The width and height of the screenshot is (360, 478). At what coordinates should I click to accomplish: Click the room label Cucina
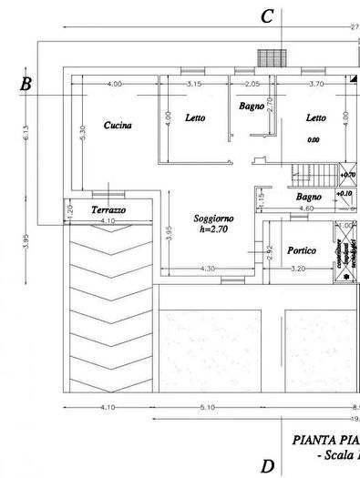coord(118,126)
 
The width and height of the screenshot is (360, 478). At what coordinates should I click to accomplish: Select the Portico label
coord(302,249)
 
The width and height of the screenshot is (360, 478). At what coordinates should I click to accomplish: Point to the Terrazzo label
coord(108,210)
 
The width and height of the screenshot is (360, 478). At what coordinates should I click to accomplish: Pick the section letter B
coord(26,86)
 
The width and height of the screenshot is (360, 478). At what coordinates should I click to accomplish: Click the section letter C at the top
coord(267,16)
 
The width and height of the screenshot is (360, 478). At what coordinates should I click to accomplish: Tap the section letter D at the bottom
coord(267,467)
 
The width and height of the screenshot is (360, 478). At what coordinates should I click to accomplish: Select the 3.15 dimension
coord(193,84)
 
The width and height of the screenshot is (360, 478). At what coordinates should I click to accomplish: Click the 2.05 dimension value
coord(252,84)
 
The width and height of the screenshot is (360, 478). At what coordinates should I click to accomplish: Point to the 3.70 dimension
coord(316,84)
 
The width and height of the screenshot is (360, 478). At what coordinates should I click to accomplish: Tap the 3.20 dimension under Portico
coord(298,269)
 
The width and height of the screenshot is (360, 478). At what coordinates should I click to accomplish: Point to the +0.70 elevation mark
coord(347,174)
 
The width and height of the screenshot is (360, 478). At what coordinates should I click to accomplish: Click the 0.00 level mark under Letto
coord(314,139)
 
